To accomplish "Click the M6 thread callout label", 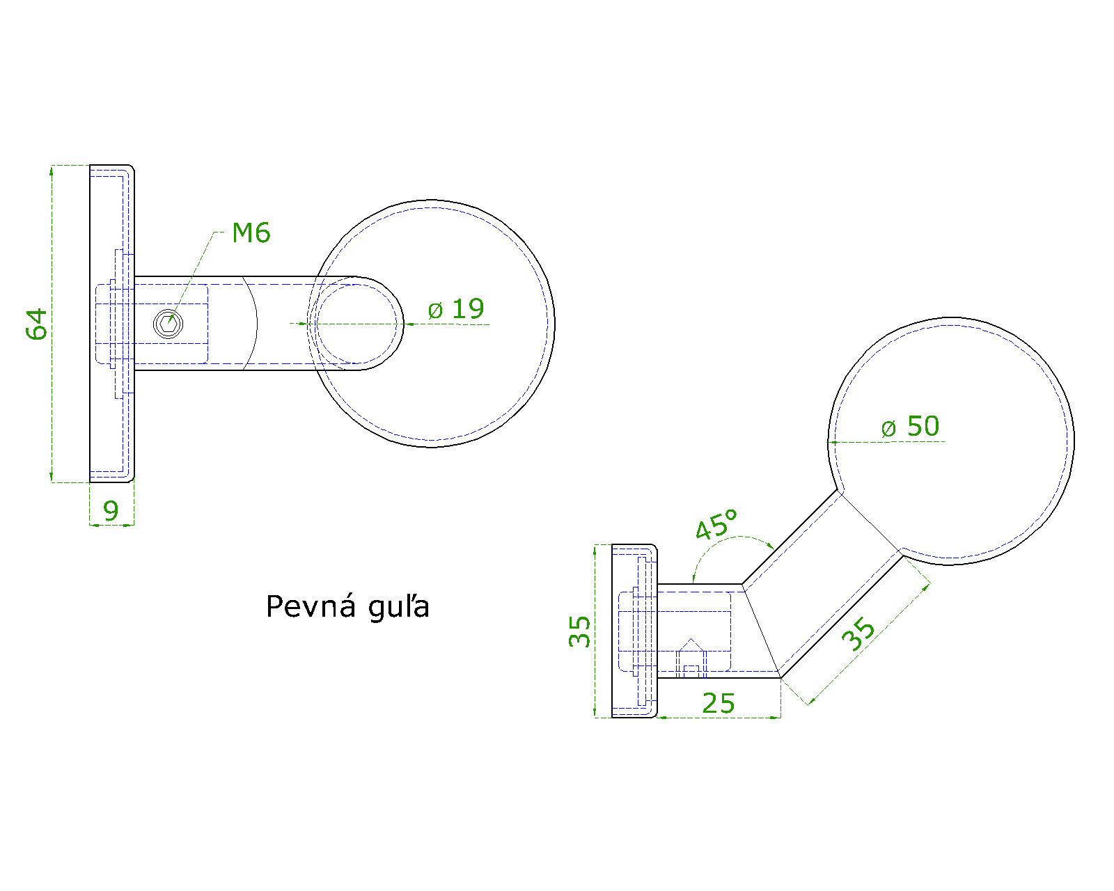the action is pyautogui.click(x=251, y=233).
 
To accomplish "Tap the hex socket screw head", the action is pyautogui.click(x=168, y=324).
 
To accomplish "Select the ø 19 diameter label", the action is pyautogui.click(x=456, y=310).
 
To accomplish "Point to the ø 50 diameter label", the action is pyautogui.click(x=910, y=427).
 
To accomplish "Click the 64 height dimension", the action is pyautogui.click(x=37, y=324).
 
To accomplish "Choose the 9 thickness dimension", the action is pyautogui.click(x=111, y=511).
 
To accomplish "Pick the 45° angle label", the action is pyautogui.click(x=716, y=524).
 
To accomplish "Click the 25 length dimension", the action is pyautogui.click(x=719, y=704).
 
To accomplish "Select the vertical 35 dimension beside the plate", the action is pyautogui.click(x=579, y=631).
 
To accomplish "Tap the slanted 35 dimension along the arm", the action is pyautogui.click(x=858, y=634).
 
